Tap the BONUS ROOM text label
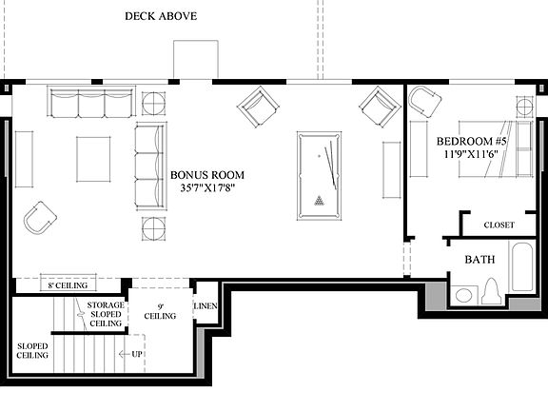click(207, 175)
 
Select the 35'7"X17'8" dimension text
click(207, 188)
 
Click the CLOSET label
click(499, 225)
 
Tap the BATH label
click(479, 259)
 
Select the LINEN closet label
click(206, 306)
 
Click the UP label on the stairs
click(137, 354)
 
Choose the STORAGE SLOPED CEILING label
click(105, 314)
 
